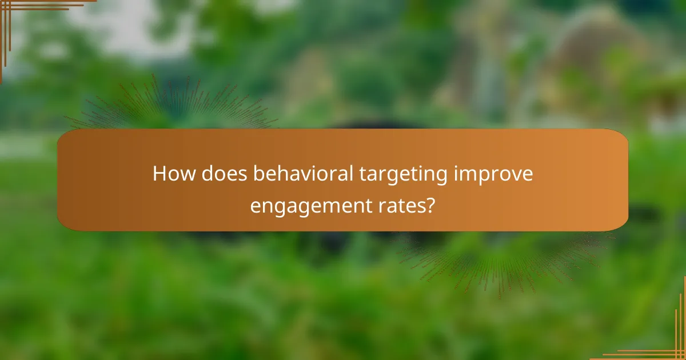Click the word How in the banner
[171, 174]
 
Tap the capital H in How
[158, 174]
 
